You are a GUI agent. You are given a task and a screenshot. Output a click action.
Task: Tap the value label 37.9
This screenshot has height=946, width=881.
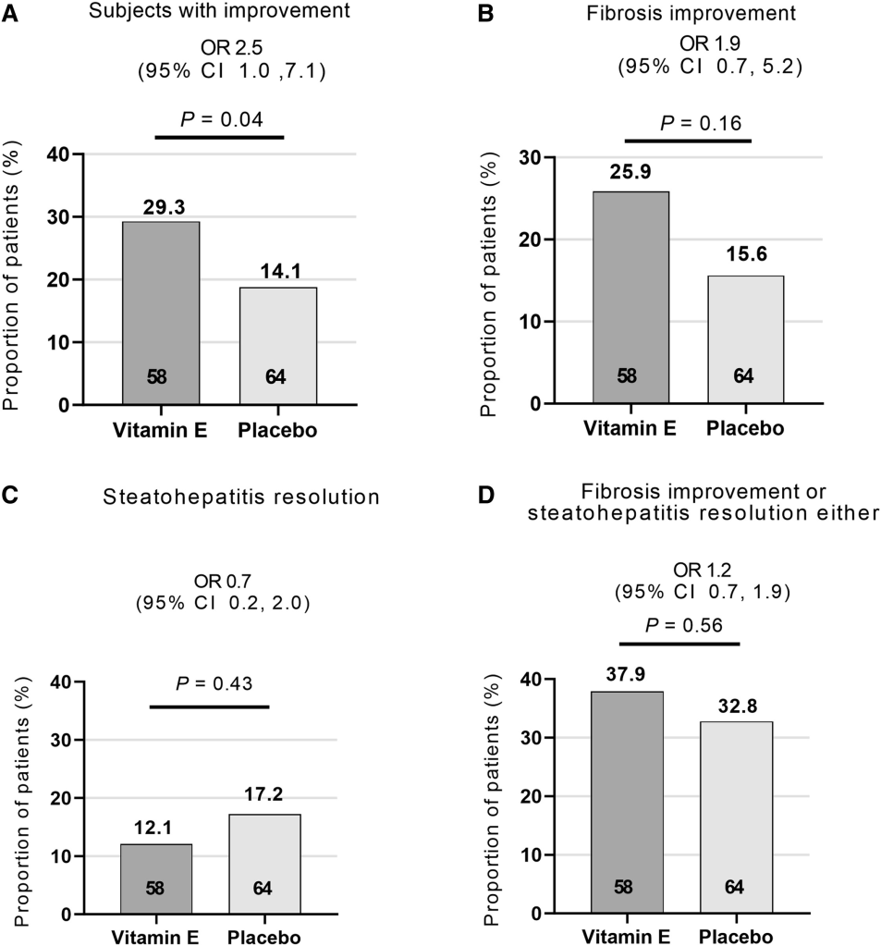pos(629,678)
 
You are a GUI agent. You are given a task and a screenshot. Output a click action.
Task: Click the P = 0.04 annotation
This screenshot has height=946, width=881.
pos(219,119)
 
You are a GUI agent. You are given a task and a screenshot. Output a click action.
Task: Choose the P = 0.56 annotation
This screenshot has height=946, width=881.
pos(679,627)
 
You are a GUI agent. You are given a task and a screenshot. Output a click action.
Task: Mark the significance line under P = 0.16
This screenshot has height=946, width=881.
pos(689,141)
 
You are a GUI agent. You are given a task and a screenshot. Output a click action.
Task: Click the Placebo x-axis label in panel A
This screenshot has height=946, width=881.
pos(278,432)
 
